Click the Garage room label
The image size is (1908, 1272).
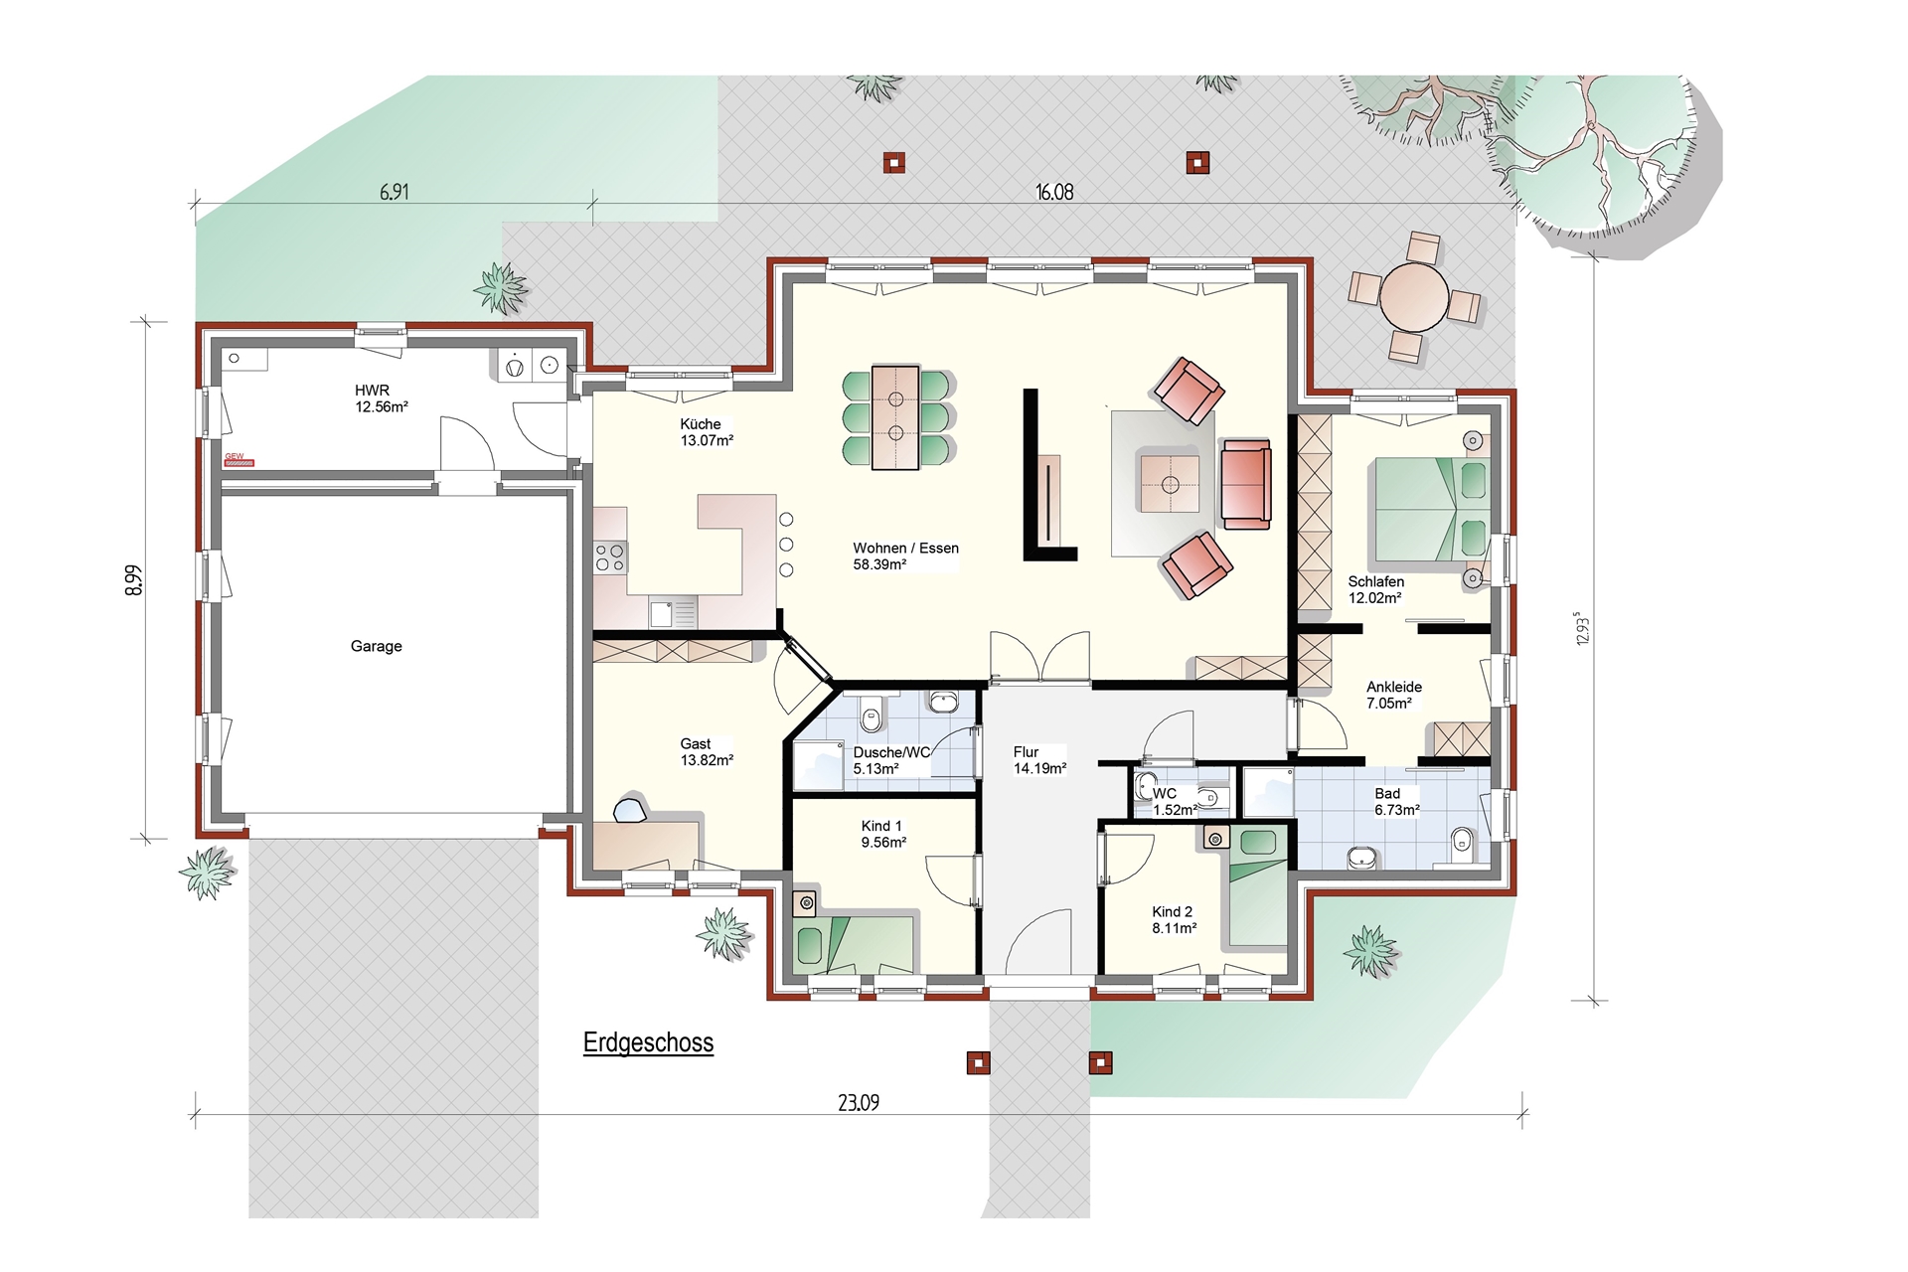tap(376, 646)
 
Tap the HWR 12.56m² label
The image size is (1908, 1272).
tap(382, 398)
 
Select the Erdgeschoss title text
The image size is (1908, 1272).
tap(648, 1042)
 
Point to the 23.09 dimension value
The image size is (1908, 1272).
tap(859, 1102)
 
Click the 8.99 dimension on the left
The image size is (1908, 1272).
tap(134, 580)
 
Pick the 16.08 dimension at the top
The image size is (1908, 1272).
tap(1054, 192)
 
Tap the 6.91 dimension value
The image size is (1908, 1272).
tap(395, 192)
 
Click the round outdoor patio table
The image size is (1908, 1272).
tap(1414, 297)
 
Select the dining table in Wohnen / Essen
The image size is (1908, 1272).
tap(895, 417)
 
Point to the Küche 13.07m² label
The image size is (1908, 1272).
tap(707, 432)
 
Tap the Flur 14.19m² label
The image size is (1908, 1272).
tap(1039, 760)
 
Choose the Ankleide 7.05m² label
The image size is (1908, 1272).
tap(1393, 695)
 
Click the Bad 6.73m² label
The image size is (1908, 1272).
tap(1396, 802)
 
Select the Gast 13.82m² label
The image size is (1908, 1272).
tap(707, 751)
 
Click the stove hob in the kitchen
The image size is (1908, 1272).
tap(610, 557)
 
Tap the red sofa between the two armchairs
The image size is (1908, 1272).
tap(1245, 484)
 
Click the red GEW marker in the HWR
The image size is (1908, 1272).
tap(238, 460)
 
